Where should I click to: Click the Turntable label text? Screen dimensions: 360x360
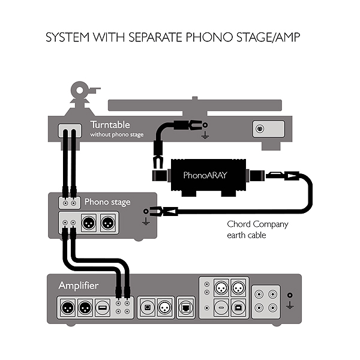click(110, 125)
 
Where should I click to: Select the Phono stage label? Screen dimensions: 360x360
click(107, 202)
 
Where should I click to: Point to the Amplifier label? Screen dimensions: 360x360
click(78, 285)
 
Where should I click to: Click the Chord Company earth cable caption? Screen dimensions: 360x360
click(257, 230)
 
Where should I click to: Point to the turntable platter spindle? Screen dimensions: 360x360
click(194, 98)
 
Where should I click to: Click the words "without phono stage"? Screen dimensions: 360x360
click(117, 135)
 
